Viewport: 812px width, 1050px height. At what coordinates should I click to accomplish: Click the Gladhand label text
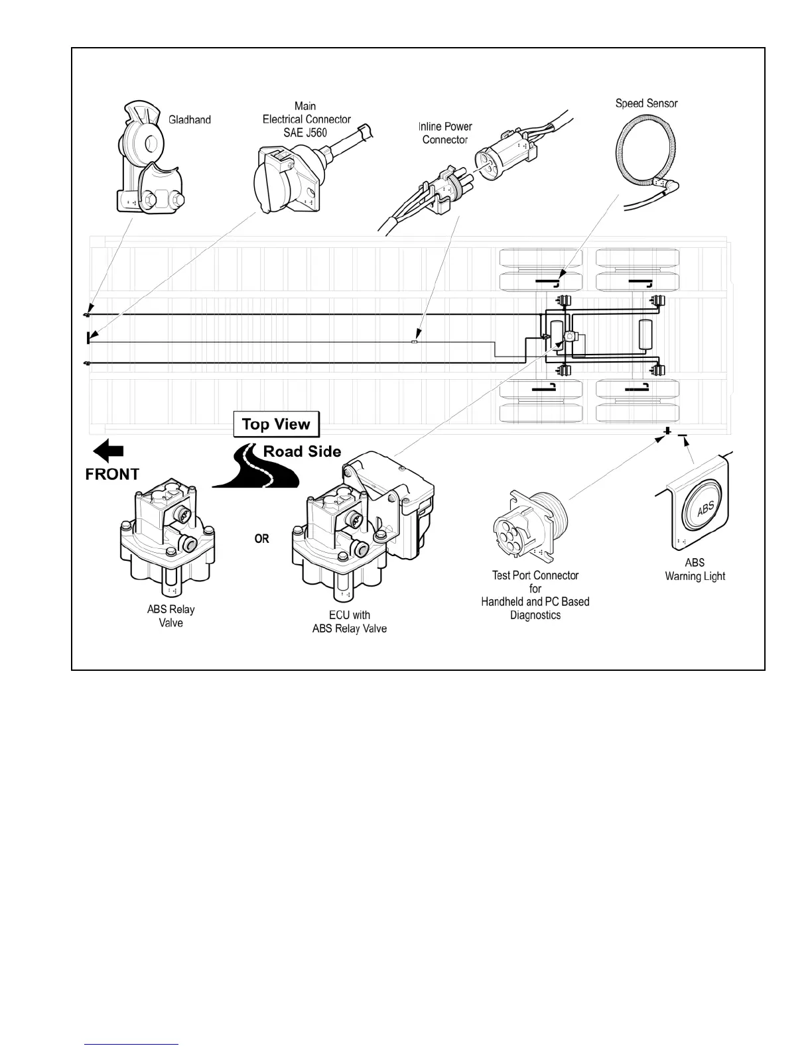point(190,120)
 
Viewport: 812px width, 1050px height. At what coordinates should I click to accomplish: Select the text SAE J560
point(306,133)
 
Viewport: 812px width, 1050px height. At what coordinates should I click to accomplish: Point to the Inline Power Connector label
point(445,133)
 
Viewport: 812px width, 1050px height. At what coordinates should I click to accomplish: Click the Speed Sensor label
point(646,103)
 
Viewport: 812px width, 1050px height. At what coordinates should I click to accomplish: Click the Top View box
point(276,424)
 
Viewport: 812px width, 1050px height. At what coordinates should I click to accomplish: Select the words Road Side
point(302,452)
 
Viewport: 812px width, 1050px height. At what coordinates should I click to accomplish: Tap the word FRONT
point(112,475)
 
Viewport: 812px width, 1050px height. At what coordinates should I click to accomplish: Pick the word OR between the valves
point(262,539)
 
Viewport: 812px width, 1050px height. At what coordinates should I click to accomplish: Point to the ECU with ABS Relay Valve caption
point(349,622)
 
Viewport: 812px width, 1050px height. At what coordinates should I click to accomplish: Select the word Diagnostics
point(535,615)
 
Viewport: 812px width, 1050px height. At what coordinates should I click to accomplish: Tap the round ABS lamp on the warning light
point(705,508)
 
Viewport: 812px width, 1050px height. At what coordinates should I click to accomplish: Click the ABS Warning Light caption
point(695,569)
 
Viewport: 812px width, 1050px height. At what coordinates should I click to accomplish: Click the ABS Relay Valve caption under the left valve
point(170,616)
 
